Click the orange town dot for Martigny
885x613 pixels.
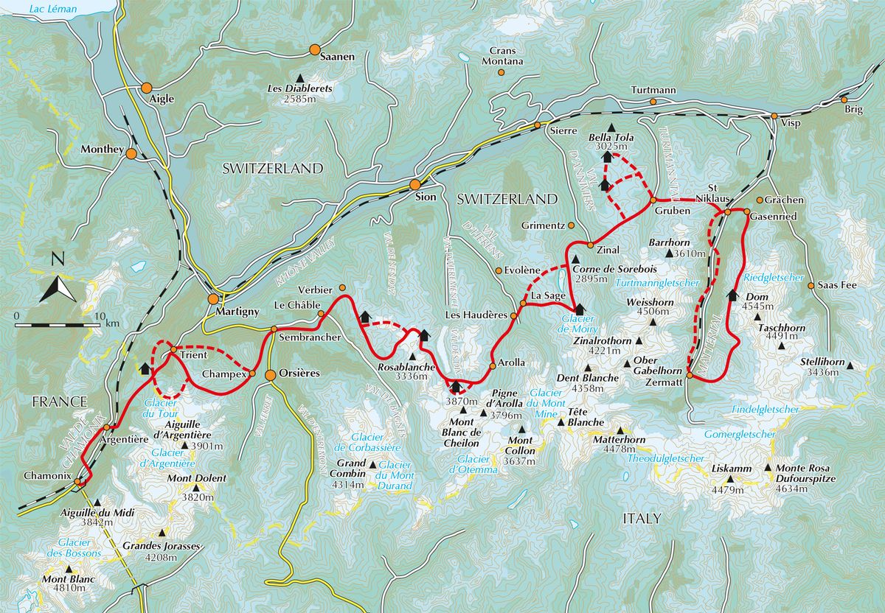(x=214, y=299)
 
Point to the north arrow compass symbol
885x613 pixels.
(x=57, y=284)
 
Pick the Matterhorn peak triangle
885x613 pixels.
(x=619, y=431)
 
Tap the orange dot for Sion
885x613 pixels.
(x=415, y=184)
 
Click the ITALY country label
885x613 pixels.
(x=642, y=519)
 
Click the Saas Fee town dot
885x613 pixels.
(x=811, y=286)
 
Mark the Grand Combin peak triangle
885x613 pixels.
(x=373, y=465)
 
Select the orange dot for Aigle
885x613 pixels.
(x=147, y=87)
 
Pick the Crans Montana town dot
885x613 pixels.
(x=502, y=72)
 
